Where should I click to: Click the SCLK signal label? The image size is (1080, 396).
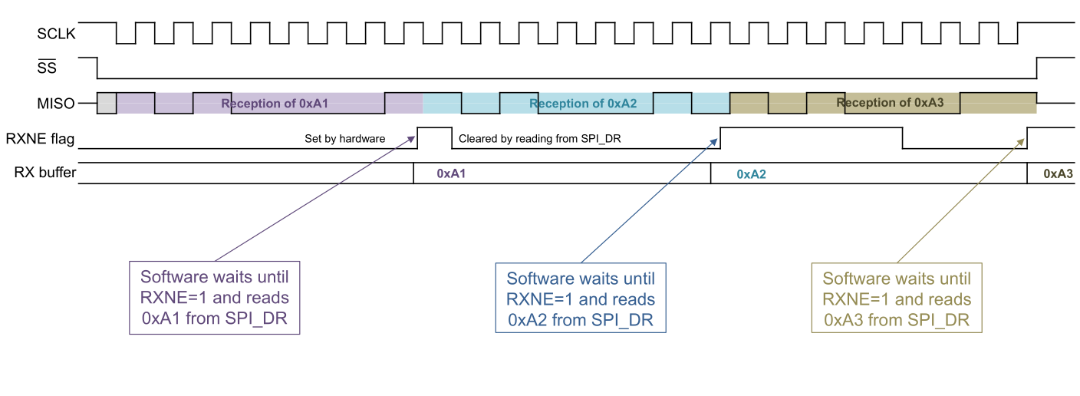coord(56,33)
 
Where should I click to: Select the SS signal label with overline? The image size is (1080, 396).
coord(47,68)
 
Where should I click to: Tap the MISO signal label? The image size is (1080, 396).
coord(58,103)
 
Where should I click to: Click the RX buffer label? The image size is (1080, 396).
coord(44,173)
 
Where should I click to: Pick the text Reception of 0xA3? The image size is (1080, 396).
coord(889,103)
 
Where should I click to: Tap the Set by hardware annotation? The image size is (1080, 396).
coord(344,140)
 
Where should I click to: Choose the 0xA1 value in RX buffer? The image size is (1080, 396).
coord(452,174)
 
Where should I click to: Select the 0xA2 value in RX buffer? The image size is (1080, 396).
coord(751,174)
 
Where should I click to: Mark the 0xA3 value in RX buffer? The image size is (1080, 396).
coord(1058,174)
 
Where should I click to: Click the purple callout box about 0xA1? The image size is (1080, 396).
coord(214,298)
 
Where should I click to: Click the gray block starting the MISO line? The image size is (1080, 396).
coord(107,103)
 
